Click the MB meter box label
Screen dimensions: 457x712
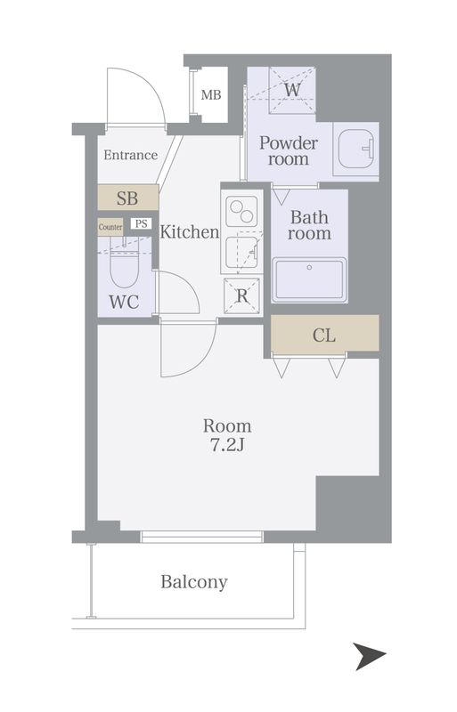[211, 95]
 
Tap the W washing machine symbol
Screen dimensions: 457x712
[292, 90]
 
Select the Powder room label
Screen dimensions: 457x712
[289, 150]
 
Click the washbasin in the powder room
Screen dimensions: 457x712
[356, 149]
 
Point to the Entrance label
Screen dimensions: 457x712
[130, 155]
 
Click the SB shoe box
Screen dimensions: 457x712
[128, 198]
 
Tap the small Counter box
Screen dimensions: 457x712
[110, 227]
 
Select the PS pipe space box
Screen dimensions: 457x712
[141, 224]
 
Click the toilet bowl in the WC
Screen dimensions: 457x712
[124, 268]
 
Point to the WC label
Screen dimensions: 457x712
[124, 302]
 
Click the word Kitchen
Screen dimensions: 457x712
[190, 232]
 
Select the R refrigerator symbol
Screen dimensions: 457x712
[242, 296]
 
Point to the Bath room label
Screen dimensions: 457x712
[309, 225]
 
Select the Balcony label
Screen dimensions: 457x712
[194, 582]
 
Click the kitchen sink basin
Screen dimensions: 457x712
[242, 253]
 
